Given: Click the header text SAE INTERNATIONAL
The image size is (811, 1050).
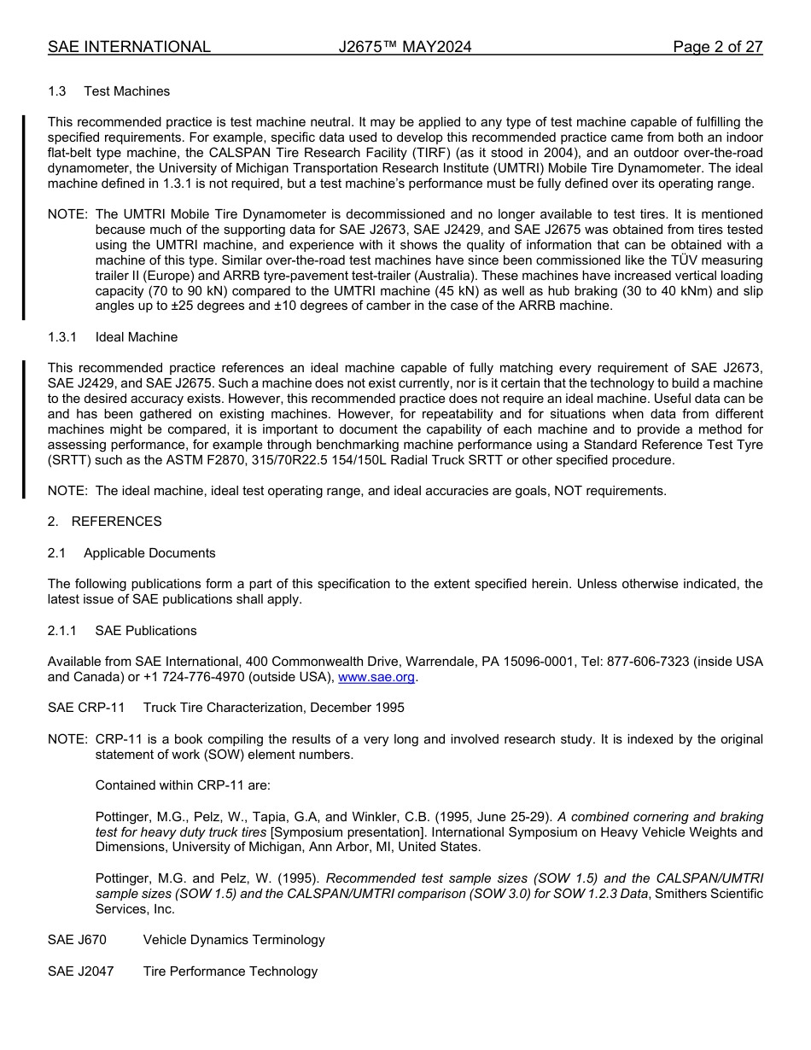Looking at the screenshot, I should (129, 47).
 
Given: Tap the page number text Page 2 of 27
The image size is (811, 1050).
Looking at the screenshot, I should (717, 47).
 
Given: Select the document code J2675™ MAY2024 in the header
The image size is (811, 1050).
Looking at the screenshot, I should (405, 47).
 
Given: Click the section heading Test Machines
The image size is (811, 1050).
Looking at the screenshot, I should (126, 91).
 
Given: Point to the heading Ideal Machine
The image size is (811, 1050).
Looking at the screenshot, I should (137, 337).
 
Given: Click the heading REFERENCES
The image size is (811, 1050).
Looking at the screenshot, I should (116, 522).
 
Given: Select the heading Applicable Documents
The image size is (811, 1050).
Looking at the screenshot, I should (149, 553).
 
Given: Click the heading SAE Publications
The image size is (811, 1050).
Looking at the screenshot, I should (146, 631).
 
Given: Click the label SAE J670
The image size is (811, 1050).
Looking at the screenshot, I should (77, 940).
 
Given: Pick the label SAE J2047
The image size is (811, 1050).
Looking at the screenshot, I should (80, 971).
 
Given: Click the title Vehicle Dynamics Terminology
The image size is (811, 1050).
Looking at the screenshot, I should (234, 940).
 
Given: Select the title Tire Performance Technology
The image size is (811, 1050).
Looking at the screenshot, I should (230, 971).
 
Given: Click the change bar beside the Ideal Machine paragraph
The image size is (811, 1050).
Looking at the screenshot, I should (24, 429).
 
